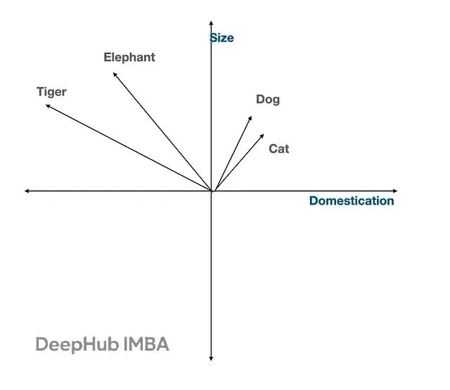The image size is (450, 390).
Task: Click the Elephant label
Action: pos(129,58)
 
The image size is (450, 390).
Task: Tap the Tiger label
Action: pos(51,92)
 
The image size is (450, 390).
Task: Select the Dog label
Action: pos(268,100)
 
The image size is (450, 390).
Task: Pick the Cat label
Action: pos(279,149)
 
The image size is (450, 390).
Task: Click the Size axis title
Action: pos(222,38)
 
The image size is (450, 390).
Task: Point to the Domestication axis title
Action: pos(352,201)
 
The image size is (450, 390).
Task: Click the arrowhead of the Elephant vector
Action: pos(115,74)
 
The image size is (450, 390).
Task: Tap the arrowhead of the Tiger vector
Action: pos(47,106)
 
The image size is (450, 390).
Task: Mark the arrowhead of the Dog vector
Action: pos(250,117)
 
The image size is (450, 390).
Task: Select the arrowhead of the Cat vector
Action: pos(262,136)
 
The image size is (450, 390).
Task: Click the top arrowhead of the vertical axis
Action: pos(211,22)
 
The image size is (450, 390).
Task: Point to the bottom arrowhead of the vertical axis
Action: pos(211,359)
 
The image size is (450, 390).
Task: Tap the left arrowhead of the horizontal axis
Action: pos(27,191)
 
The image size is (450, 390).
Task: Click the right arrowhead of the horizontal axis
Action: pos(395,191)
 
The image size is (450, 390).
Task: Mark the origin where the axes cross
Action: pos(211,191)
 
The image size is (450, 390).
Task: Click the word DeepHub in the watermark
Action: pos(77,344)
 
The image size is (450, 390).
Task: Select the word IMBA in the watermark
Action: pos(146,344)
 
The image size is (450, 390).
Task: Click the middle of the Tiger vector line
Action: pos(129,148)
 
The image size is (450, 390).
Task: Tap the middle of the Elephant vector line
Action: pos(162,132)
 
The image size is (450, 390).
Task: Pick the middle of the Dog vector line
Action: pos(233,154)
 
